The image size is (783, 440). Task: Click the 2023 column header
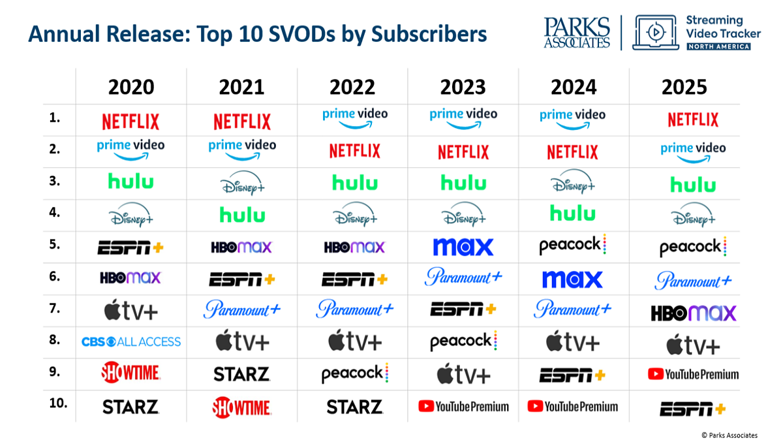(463, 87)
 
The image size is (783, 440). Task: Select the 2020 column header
(131, 87)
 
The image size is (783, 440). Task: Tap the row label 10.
(58, 403)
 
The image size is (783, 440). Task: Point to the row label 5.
(55, 244)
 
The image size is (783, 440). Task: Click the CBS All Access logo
(131, 341)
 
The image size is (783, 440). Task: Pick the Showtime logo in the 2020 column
(130, 372)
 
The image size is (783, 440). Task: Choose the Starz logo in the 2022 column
(354, 407)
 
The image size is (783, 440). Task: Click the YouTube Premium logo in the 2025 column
(693, 374)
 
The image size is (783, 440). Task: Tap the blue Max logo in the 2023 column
(463, 247)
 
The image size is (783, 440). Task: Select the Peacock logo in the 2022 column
(355, 373)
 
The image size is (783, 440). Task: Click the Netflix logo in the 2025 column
(693, 119)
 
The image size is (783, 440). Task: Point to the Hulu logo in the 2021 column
(242, 214)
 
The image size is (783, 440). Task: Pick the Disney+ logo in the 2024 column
(573, 181)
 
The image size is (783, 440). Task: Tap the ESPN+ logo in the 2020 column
(130, 247)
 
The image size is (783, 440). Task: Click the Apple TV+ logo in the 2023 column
(463, 373)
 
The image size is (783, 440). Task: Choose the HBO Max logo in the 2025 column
(694, 313)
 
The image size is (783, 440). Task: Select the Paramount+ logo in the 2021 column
(242, 309)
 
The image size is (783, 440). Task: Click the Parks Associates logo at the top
(577, 33)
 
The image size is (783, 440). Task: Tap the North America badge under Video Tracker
(718, 46)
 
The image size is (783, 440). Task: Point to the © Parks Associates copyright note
(729, 435)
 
